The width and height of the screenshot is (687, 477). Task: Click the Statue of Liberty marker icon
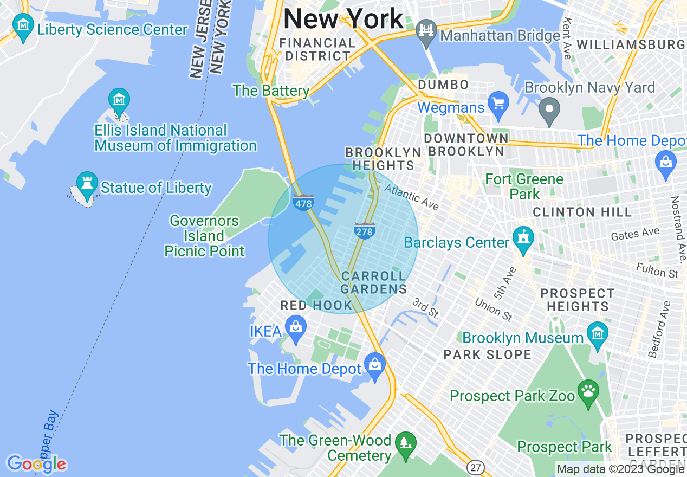coord(86,183)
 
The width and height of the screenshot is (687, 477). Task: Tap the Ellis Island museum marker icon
coord(119,99)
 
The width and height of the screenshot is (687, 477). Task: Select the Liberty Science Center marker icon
coord(23,25)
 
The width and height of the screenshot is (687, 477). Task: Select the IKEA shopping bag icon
coord(296,327)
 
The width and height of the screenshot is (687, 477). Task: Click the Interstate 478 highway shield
coord(303,203)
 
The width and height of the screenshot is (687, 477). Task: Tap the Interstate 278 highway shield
coord(365,230)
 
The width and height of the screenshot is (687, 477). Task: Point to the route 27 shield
coord(475,467)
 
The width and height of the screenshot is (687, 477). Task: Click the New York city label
coord(343,19)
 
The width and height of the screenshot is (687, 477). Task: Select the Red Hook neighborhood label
coord(316,306)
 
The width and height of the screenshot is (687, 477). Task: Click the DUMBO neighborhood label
coord(443,85)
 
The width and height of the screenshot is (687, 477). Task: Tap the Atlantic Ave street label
coord(412,197)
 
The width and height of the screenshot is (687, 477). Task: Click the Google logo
coord(36,464)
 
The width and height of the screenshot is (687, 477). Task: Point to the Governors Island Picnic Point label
coord(204,236)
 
